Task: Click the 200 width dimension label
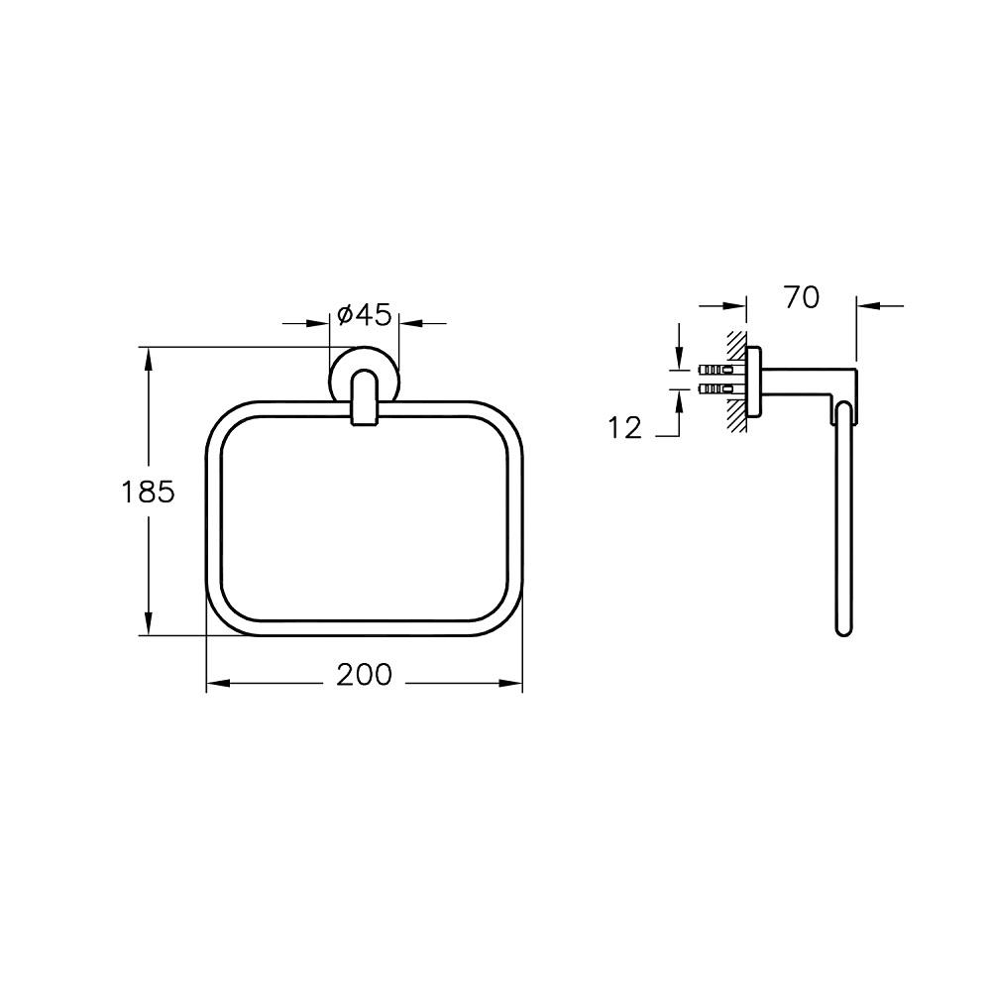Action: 364,674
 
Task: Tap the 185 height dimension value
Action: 148,492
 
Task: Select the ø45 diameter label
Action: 365,314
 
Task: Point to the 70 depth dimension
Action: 802,297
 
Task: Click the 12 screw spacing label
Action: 625,428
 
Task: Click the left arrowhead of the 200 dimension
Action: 217,683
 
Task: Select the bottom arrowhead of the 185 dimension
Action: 149,623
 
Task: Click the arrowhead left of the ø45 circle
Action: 319,324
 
